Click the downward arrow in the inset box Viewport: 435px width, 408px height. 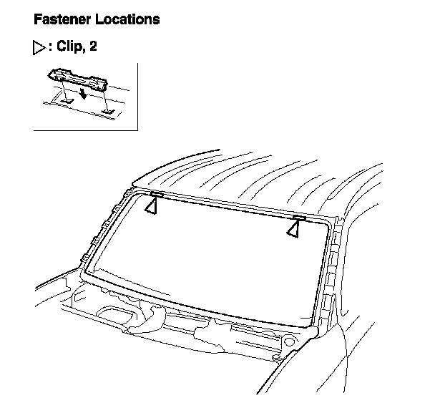coord(84,95)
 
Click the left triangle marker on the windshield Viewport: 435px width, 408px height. coord(151,205)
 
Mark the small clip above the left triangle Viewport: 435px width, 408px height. coord(157,193)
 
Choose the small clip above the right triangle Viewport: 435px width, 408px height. coord(299,216)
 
